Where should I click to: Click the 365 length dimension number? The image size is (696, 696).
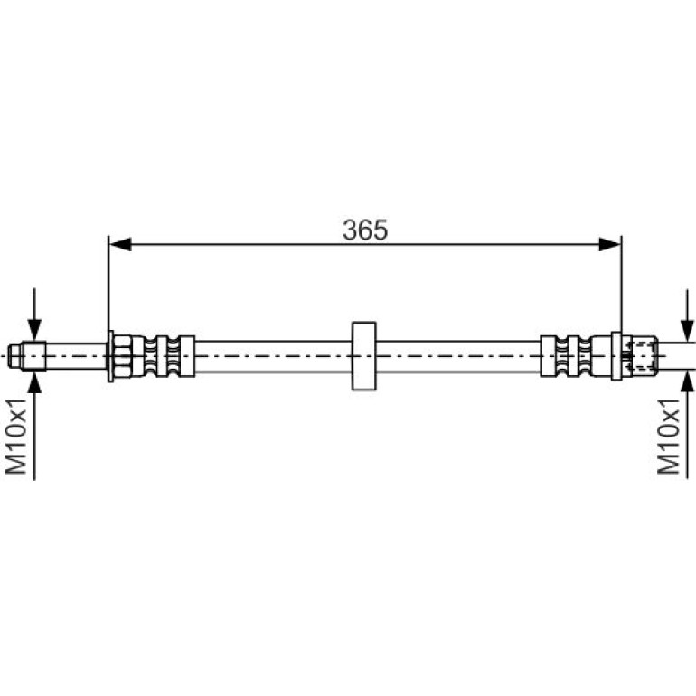coord(365,230)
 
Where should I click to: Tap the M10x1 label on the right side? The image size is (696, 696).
coord(669,436)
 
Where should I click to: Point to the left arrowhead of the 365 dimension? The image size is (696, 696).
coord(120,244)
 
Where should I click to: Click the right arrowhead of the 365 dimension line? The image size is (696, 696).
coord(610,244)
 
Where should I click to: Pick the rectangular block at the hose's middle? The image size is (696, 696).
coord(364,356)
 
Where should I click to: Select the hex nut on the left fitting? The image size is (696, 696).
coord(122,356)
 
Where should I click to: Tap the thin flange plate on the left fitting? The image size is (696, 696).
coord(110,356)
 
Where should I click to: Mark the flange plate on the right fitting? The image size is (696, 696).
coord(616,356)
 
